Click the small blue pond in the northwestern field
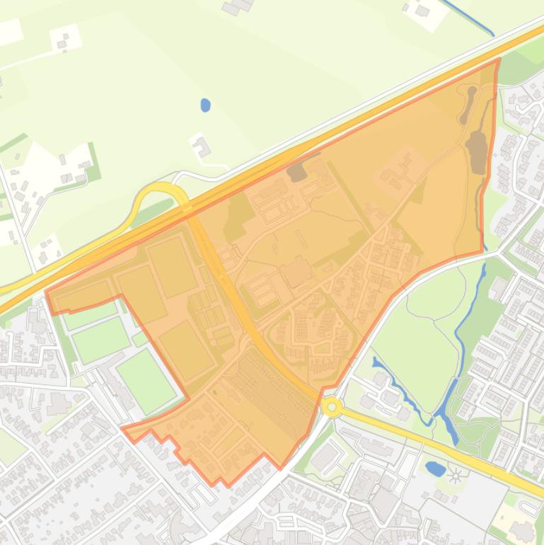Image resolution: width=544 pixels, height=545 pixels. (205, 105)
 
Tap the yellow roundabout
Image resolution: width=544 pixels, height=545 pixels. (331, 407)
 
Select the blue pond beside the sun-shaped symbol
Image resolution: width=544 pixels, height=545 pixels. (436, 468)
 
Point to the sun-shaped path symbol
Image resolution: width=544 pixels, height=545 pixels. (455, 474)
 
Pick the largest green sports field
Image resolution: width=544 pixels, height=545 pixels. (146, 381)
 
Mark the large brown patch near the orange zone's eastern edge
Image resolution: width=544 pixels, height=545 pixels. (477, 150)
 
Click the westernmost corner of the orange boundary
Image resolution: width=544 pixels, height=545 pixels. (46, 292)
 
